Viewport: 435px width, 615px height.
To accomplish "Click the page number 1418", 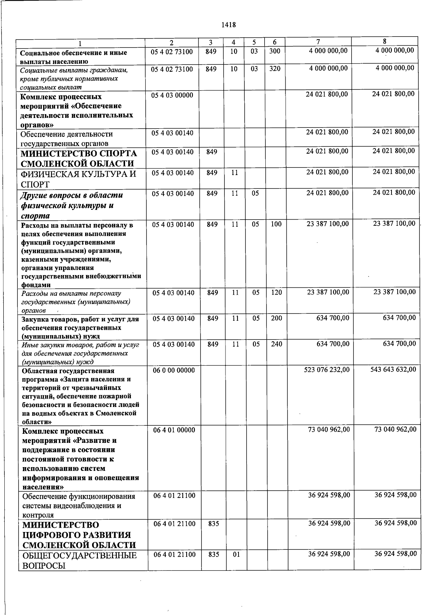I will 228,25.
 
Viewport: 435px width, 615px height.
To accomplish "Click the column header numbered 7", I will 318,41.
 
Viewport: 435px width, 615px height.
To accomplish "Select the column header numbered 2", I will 171,42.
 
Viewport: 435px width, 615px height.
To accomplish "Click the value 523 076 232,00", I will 327,370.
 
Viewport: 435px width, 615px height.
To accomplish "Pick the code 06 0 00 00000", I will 174,370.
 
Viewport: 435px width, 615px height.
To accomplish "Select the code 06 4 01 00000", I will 174,430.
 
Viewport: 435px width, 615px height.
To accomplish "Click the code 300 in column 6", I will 275,51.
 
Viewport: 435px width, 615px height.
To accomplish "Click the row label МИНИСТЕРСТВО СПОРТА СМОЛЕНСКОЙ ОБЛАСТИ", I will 78,158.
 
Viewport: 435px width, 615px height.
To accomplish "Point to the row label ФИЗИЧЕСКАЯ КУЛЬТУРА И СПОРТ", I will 78,179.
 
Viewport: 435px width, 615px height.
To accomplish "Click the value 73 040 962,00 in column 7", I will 329,429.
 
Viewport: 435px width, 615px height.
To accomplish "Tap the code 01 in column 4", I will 236,554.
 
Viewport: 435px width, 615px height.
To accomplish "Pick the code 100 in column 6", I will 276,224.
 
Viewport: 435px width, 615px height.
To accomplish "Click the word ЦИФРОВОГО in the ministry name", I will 76,535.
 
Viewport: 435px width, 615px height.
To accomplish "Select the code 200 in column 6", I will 276,318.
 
